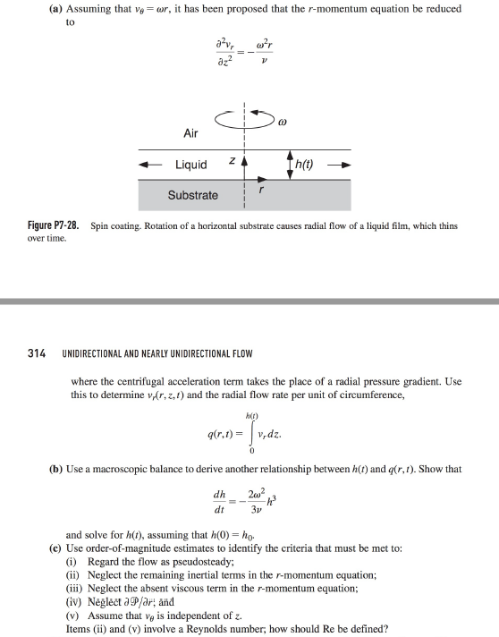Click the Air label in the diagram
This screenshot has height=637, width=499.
(x=190, y=133)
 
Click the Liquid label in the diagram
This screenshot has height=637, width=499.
(x=191, y=165)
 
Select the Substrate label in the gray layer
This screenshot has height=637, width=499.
(x=192, y=195)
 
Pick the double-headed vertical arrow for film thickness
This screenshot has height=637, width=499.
(x=290, y=165)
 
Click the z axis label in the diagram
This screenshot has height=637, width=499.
(x=232, y=162)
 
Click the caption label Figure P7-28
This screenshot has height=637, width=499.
(x=55, y=226)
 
